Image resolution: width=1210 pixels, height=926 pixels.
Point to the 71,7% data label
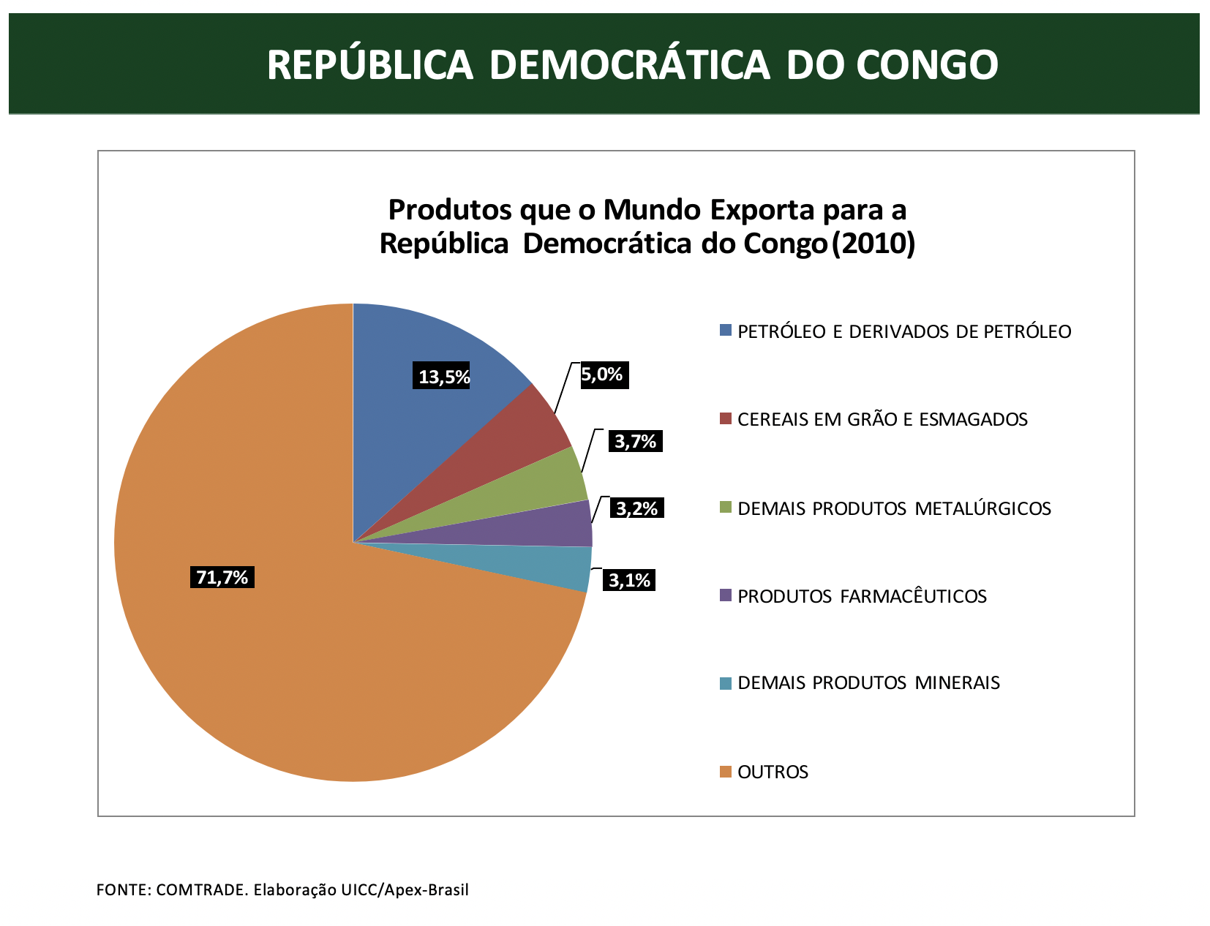pyautogui.click(x=222, y=578)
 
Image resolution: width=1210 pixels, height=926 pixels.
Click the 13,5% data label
pyautogui.click(x=443, y=377)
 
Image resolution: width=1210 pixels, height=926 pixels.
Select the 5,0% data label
pyautogui.click(x=602, y=375)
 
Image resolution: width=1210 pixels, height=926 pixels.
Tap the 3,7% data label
pyautogui.click(x=635, y=441)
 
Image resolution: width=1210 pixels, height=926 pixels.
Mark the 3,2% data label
pyautogui.click(x=636, y=508)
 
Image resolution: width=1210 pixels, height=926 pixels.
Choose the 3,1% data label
pyautogui.click(x=629, y=581)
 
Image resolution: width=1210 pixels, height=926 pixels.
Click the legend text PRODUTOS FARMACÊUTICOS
pyautogui.click(x=862, y=597)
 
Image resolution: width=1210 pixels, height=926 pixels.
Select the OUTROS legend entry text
pyautogui.click(x=773, y=772)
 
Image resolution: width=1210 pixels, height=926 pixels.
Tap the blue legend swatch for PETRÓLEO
pyautogui.click(x=726, y=331)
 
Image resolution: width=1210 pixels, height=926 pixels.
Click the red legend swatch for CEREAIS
pyautogui.click(x=726, y=419)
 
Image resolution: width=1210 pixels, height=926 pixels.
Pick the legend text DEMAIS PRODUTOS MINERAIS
pyautogui.click(x=868, y=683)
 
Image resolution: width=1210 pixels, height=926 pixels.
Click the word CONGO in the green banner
pyautogui.click(x=927, y=64)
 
